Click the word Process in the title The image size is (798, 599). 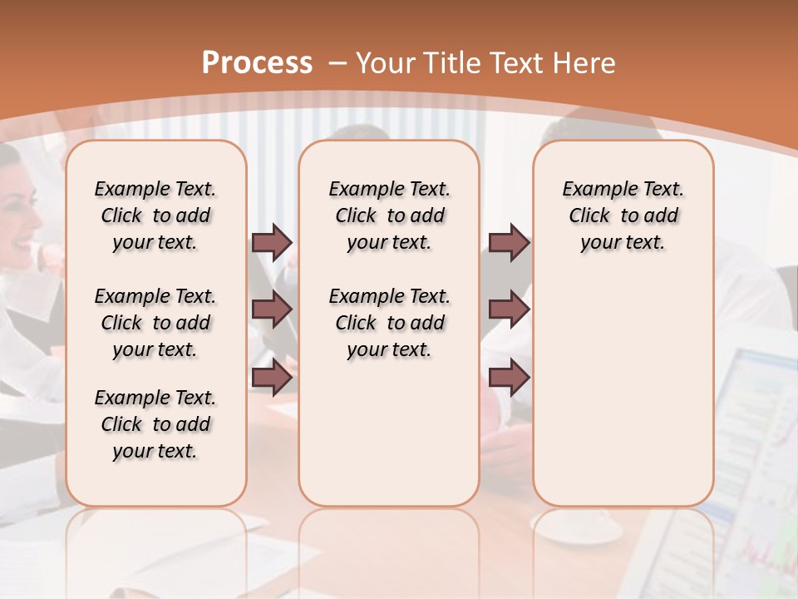[x=257, y=63]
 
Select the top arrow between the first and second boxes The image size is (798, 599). [x=272, y=243]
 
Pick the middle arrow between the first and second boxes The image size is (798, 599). [x=272, y=309]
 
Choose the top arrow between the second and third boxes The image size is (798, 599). [x=509, y=243]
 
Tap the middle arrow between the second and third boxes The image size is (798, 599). [x=509, y=309]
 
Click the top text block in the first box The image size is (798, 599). [x=155, y=215]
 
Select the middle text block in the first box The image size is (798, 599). [x=155, y=323]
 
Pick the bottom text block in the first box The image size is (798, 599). [x=155, y=424]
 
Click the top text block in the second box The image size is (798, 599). [x=389, y=215]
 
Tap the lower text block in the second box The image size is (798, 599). [x=389, y=323]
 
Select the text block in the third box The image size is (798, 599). [x=623, y=215]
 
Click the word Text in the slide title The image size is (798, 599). [x=515, y=63]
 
